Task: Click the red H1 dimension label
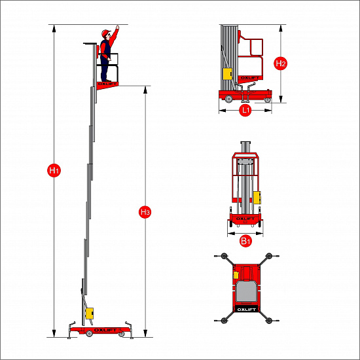pyautogui.click(x=54, y=170)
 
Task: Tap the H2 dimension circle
pyautogui.click(x=280, y=63)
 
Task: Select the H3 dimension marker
pyautogui.click(x=145, y=212)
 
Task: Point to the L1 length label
pyautogui.click(x=245, y=110)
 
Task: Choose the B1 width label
pyautogui.click(x=245, y=241)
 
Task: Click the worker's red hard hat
pyautogui.click(x=105, y=33)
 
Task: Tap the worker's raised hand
pyautogui.click(x=118, y=27)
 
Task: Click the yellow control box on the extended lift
pyautogui.click(x=89, y=313)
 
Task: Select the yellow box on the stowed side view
pyautogui.click(x=228, y=74)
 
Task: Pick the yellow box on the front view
pyautogui.click(x=257, y=198)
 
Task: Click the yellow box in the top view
pyautogui.click(x=236, y=275)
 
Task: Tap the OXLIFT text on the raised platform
pyautogui.click(x=107, y=84)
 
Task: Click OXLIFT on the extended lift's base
pyautogui.click(x=105, y=330)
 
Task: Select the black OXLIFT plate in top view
pyautogui.click(x=246, y=310)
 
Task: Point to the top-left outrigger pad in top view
pyautogui.click(x=224, y=256)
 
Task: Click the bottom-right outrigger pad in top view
pyautogui.click(x=269, y=320)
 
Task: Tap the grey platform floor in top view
pyautogui.click(x=246, y=291)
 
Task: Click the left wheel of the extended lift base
pyautogui.click(x=89, y=334)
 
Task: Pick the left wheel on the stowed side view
pyautogui.click(x=228, y=99)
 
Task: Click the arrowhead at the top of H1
pyautogui.click(x=54, y=28)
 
